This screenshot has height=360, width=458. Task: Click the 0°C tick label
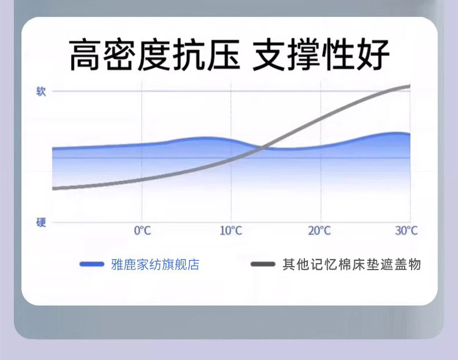coord(143,231)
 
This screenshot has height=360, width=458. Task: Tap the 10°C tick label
coord(231,231)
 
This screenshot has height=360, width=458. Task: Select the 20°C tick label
coord(319,231)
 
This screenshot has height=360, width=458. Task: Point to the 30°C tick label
coord(406,231)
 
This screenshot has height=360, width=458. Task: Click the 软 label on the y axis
coord(41,92)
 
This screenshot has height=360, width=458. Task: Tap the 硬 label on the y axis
coord(41,223)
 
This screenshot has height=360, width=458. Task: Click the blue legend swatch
coord(92,264)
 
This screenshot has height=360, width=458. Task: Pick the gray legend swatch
coord(263,264)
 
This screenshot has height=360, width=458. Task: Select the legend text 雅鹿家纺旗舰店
coord(155,264)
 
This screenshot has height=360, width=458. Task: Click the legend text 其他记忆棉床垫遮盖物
coord(351,264)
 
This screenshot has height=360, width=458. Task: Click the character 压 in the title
coord(223,54)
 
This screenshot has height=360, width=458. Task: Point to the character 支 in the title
coord(269,54)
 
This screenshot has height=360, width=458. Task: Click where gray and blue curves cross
coord(262,148)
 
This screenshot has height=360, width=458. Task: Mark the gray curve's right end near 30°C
coord(409,86)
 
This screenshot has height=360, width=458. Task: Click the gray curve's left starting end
coord(53,188)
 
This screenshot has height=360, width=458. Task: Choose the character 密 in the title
coord(120,54)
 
